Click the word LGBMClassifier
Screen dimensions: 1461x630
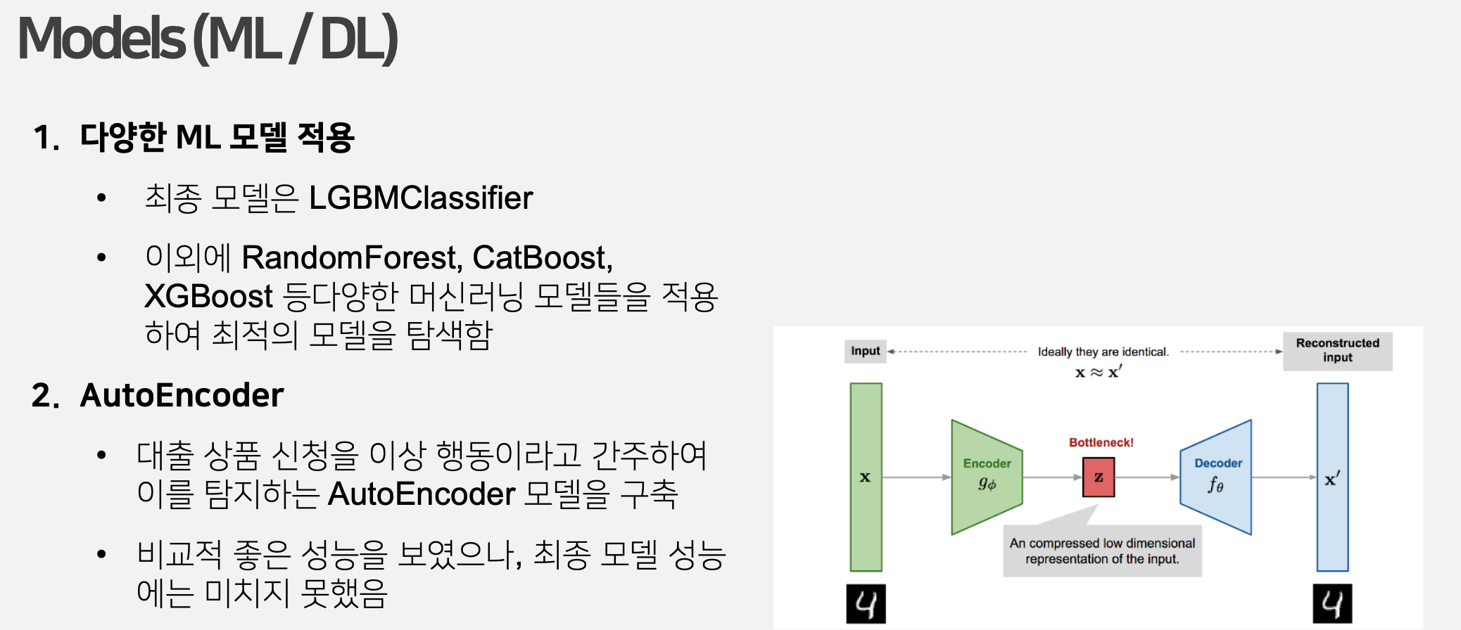(421, 198)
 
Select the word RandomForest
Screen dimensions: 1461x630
(351, 258)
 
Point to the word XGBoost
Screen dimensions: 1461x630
(208, 297)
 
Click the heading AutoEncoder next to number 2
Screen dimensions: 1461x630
(182, 395)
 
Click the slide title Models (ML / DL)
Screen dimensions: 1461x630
(208, 39)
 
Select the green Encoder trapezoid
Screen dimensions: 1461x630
(986, 477)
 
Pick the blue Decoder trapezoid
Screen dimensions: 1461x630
(1217, 477)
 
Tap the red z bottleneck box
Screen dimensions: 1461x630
(1099, 477)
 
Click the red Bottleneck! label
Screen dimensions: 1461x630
(1101, 442)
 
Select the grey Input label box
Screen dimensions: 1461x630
(865, 351)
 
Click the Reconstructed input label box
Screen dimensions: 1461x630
(1337, 351)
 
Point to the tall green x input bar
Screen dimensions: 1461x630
(866, 477)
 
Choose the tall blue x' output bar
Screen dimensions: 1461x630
(1332, 477)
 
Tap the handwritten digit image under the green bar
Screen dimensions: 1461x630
(866, 604)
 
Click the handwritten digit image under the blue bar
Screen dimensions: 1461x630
(1332, 604)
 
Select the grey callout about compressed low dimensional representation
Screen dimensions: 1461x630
(1102, 551)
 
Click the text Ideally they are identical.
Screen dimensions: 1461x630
(1103, 352)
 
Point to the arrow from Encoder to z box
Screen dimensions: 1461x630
(1052, 477)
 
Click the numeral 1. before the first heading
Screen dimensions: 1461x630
(46, 137)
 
